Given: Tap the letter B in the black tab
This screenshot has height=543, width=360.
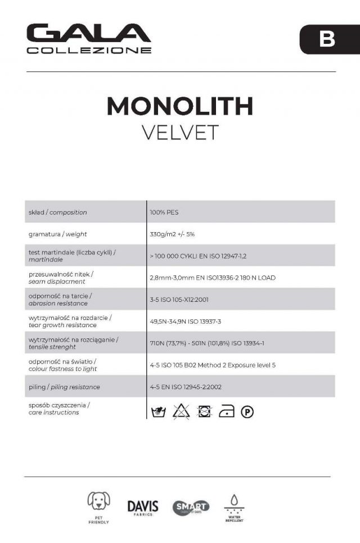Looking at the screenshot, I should coord(327,39).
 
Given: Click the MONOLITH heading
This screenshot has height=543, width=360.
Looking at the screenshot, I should coord(179,106).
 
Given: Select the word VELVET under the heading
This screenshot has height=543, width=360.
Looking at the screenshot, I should coord(179,132).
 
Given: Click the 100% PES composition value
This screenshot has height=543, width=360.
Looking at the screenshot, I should coord(164,212).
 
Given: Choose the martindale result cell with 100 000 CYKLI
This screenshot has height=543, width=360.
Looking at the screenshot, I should coord(198,256).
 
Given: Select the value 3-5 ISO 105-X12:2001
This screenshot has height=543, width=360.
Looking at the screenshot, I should coord(179,300).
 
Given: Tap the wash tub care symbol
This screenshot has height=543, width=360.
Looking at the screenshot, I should coord(159,411).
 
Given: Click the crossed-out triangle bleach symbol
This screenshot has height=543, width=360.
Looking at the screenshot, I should coord(181,411).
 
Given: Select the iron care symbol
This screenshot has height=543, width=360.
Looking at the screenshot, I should coord(226,411).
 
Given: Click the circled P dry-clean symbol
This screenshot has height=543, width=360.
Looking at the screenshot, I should coord(247,412).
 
